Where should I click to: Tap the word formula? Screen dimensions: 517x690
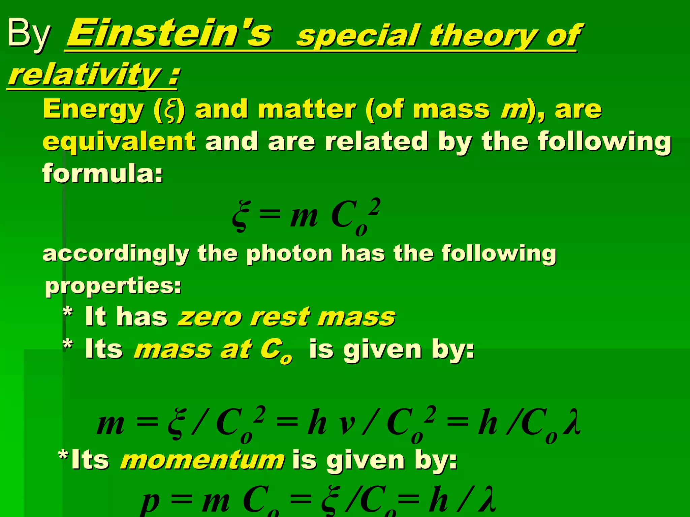(102, 173)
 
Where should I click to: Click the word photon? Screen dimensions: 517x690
(289, 253)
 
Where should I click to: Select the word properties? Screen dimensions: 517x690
(113, 286)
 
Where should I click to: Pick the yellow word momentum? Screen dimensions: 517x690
(202, 460)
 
